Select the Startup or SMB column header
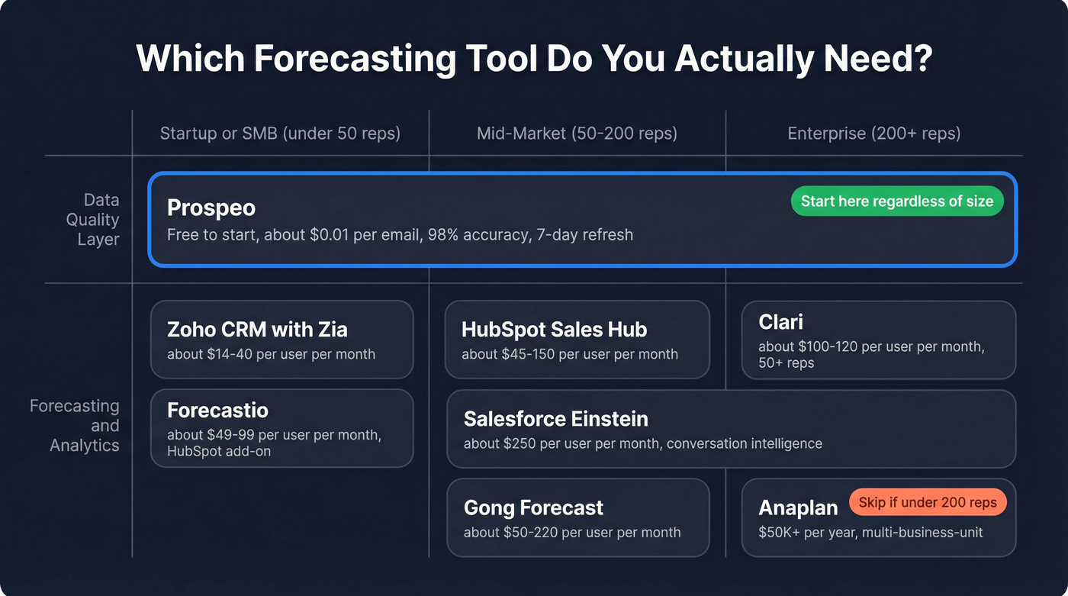coord(279,134)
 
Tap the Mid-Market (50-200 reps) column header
coord(577,134)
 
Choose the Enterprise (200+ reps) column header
coord(873,134)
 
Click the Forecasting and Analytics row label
coord(75,426)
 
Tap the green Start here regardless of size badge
coord(896,201)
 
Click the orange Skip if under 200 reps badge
coord(928,502)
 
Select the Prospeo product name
coord(211,208)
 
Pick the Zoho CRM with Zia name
coord(257,329)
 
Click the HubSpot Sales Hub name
coord(554,329)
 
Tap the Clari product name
coord(780,322)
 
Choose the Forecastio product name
coord(217,410)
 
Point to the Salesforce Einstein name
coord(555,419)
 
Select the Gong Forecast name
coord(533,507)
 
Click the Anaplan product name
coord(798,507)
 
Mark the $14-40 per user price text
coord(271,354)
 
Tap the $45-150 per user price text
coord(569,354)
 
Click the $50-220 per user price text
coord(571,532)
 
